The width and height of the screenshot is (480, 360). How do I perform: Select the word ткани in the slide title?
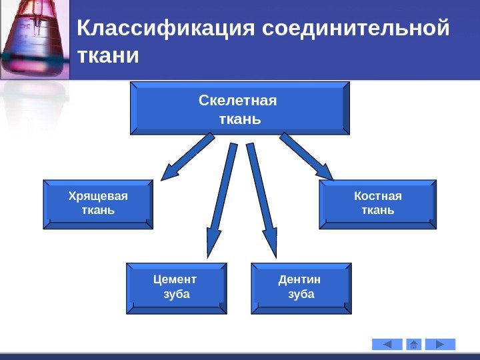pos(109,56)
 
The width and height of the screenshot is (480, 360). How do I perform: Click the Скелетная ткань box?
pos(239,109)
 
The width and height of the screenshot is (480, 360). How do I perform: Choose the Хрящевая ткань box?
pos(98,204)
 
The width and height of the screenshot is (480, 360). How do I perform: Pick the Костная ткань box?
pos(378,204)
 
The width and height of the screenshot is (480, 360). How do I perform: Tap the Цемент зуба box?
pos(177,289)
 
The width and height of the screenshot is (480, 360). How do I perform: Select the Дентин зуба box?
pos(301,289)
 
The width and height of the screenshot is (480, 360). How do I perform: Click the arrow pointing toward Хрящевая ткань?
pos(187,157)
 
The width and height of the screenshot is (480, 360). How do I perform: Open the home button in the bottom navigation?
pos(414,344)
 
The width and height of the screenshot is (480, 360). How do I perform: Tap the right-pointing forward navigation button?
pos(441,344)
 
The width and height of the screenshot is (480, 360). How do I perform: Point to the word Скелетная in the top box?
pos(237,101)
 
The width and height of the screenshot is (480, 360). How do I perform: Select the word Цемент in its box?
pos(175,280)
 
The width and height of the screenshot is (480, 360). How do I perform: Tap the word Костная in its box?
pos(378,196)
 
